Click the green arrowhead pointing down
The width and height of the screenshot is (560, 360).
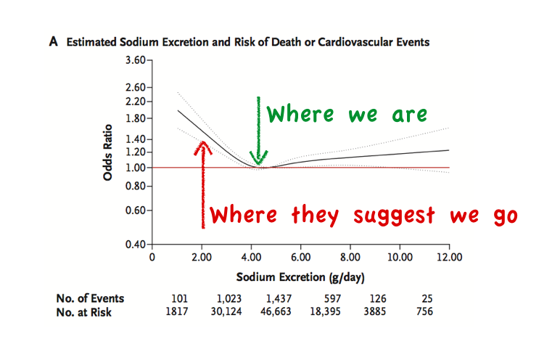[258, 158]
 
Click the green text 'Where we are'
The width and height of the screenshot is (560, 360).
[347, 115]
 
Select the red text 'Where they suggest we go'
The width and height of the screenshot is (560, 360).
[363, 216]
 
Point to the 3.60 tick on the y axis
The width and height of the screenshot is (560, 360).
[149, 60]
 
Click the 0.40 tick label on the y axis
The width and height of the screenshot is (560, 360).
[136, 245]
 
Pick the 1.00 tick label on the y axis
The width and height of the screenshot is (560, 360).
[136, 168]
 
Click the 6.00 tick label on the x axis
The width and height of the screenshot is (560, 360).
[300, 257]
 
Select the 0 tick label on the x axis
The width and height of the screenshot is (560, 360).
[152, 257]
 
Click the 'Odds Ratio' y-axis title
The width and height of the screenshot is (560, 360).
[107, 152]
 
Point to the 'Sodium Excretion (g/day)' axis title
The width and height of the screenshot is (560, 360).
[300, 278]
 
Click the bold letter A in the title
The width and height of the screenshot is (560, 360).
[53, 42]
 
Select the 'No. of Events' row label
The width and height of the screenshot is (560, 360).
[90, 298]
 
